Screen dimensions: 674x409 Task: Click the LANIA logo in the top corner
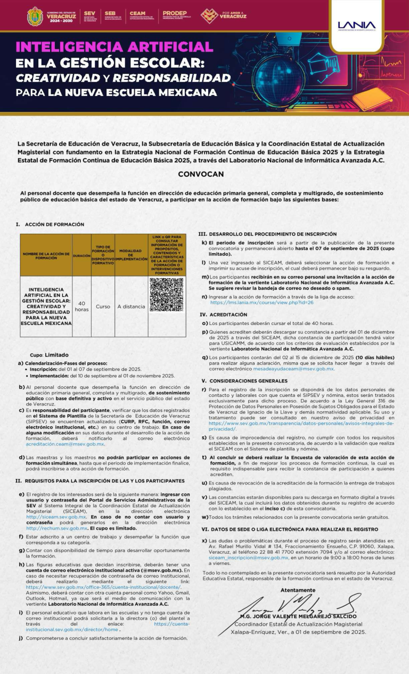[x=356, y=25]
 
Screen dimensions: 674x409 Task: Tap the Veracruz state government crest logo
[x=35, y=16]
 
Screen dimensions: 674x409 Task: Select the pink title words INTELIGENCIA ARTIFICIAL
[x=114, y=47]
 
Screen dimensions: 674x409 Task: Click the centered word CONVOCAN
[x=201, y=174]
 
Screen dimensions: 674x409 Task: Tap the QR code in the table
[x=166, y=295]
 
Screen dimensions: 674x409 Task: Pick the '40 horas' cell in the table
[x=81, y=306]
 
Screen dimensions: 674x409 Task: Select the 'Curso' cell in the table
[x=103, y=306]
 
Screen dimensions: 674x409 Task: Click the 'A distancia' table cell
[x=131, y=306]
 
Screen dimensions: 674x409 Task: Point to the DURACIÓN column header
[x=81, y=256]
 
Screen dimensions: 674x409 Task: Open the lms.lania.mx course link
[x=261, y=302]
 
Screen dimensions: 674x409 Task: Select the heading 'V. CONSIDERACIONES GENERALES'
[x=244, y=381]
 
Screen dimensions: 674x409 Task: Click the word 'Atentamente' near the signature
[x=298, y=590]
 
